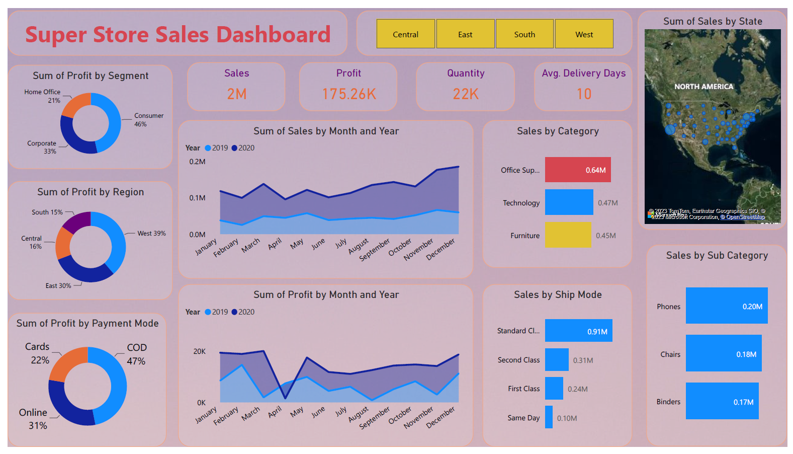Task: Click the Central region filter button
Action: pyautogui.click(x=405, y=34)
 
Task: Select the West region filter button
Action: pyautogui.click(x=584, y=34)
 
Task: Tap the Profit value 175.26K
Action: pyautogui.click(x=349, y=94)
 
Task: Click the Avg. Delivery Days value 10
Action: pyautogui.click(x=584, y=94)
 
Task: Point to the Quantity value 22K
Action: pyautogui.click(x=466, y=94)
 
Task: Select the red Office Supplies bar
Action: pyautogui.click(x=577, y=170)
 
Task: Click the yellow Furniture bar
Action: pyautogui.click(x=568, y=235)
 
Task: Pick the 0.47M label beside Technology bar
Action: pyautogui.click(x=607, y=203)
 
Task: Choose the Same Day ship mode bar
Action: pyautogui.click(x=549, y=417)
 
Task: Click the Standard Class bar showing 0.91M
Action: pyautogui.click(x=578, y=331)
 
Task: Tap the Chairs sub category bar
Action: pyautogui.click(x=723, y=354)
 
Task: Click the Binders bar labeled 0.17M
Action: pyautogui.click(x=722, y=401)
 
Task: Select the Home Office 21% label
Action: pyautogui.click(x=43, y=96)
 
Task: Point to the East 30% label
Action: pyautogui.click(x=58, y=285)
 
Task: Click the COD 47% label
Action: pyautogui.click(x=136, y=354)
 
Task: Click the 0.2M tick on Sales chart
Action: pyautogui.click(x=197, y=162)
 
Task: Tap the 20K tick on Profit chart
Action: pyautogui.click(x=199, y=351)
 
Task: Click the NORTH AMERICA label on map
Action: pyautogui.click(x=703, y=87)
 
